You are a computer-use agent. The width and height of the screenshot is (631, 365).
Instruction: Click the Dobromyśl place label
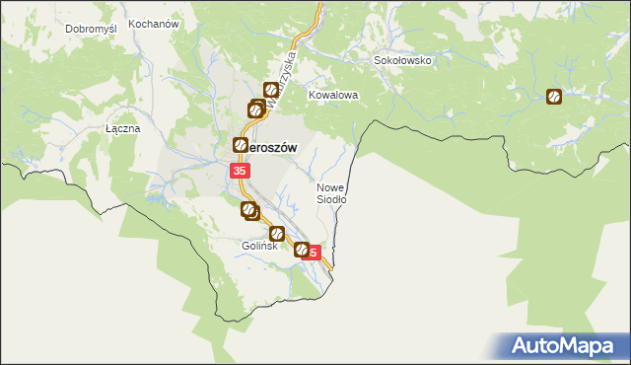[x=92, y=29]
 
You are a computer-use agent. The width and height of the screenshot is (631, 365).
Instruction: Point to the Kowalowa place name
[x=332, y=96]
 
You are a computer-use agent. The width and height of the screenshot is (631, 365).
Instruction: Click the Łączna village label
[x=123, y=129]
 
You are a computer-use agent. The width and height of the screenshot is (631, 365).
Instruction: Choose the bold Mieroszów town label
[x=273, y=145]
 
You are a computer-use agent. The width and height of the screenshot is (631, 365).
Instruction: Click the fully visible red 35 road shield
[x=240, y=172]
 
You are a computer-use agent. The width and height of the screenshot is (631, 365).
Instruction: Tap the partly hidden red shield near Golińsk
[x=313, y=253]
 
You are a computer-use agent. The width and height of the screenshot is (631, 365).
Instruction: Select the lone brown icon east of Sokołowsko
[x=555, y=97]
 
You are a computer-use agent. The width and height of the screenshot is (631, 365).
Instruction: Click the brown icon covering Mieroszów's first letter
[x=240, y=145]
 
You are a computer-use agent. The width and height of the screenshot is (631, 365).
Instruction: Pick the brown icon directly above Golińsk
[x=277, y=233]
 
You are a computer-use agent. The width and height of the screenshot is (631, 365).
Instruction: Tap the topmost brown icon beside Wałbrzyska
[x=269, y=91]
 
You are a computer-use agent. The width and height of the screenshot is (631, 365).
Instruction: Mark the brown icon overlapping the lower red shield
[x=302, y=251]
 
